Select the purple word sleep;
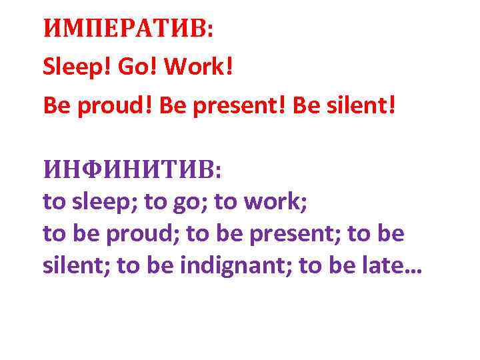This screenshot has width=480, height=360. [x=102, y=201]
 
